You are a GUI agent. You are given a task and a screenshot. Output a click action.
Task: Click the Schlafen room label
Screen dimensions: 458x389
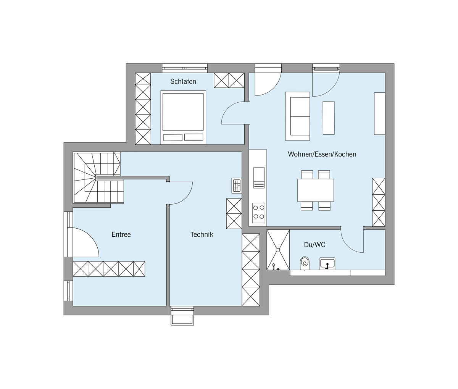click(x=183, y=82)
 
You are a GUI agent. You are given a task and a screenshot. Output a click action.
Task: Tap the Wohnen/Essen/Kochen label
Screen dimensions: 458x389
click(x=322, y=154)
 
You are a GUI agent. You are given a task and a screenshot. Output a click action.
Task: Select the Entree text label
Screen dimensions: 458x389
click(x=121, y=234)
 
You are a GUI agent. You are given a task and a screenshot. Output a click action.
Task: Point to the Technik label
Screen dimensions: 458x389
click(x=202, y=234)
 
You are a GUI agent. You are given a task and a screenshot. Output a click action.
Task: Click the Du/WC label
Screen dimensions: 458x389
click(x=314, y=245)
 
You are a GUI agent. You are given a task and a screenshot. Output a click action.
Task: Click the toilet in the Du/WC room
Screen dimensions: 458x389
click(x=305, y=263)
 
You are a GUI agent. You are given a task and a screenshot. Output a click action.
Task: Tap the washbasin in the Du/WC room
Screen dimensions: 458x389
click(x=327, y=263)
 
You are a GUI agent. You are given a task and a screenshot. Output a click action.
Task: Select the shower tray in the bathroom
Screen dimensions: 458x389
click(x=278, y=250)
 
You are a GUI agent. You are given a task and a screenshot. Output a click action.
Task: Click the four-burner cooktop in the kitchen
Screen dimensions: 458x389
click(x=259, y=213)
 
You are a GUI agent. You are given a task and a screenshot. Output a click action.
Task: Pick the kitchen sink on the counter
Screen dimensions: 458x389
click(x=259, y=178)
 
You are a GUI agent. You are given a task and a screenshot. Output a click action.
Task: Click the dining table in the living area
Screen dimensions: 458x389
click(x=316, y=190)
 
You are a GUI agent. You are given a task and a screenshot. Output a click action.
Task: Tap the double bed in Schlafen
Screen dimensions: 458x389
click(x=183, y=117)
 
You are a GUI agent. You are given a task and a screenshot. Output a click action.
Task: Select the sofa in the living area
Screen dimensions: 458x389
click(x=298, y=116)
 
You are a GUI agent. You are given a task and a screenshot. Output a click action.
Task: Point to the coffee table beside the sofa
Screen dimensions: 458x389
click(x=329, y=118)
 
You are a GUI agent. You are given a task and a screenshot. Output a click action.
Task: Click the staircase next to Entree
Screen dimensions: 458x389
click(x=98, y=178)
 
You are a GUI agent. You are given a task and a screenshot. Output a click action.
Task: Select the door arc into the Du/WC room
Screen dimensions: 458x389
click(x=348, y=245)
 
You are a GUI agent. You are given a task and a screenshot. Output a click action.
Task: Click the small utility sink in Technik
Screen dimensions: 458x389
click(x=237, y=185)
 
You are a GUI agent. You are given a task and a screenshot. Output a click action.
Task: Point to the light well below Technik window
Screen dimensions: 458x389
click(x=182, y=316)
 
